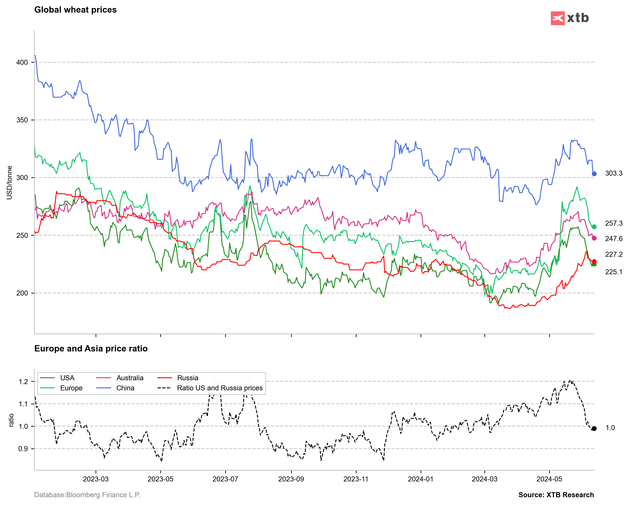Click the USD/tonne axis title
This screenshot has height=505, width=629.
[10, 183]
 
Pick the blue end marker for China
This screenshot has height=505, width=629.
[594, 174]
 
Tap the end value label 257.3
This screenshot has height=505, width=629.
[613, 223]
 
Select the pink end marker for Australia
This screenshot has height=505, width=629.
[594, 238]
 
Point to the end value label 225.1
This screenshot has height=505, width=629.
[613, 272]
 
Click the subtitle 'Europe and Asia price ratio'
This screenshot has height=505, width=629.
[91, 349]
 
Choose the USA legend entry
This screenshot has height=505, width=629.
[67, 378]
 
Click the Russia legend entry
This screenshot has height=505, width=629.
[188, 378]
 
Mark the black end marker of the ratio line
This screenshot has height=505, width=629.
[594, 428]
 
